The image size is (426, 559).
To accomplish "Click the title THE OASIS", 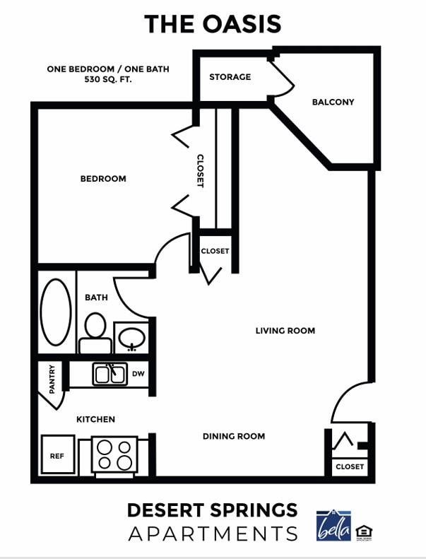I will coord(213,24).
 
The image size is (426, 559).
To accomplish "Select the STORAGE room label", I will coord(230,76).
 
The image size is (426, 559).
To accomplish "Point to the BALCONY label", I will coord(333,102).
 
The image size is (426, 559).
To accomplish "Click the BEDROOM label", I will coord(103,179).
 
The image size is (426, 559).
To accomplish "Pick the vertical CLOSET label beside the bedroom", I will coord(200,171).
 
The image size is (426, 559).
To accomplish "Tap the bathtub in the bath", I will coord(56,311).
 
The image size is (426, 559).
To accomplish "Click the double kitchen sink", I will coord(110,373).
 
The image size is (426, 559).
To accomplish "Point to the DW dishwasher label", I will coord(138,374).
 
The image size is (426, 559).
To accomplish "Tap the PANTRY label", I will coord(52,378).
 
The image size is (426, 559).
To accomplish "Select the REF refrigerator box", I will coord(57,456).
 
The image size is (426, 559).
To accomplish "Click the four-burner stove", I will coord(115,454).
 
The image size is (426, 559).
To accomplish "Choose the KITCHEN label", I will coord(95,419).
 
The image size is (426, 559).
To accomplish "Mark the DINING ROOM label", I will coord(234,436).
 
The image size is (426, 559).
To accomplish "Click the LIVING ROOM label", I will coord(285,330).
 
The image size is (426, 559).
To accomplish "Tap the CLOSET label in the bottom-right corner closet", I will coord(350,466).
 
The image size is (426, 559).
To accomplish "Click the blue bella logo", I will coord(333,525).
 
